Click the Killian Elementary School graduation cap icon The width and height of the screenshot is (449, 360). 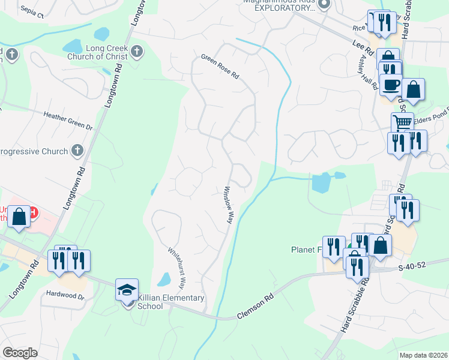coord(127,290)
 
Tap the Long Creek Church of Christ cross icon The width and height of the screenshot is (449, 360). coord(137,52)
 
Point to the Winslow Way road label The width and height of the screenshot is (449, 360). coord(229,205)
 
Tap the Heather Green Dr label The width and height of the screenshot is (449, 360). coord(68,120)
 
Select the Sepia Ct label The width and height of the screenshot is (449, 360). coord(32,11)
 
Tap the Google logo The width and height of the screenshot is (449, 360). coord(20,353)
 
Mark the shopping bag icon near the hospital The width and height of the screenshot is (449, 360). coord(19,217)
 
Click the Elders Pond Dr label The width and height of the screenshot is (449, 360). coord(430,118)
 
